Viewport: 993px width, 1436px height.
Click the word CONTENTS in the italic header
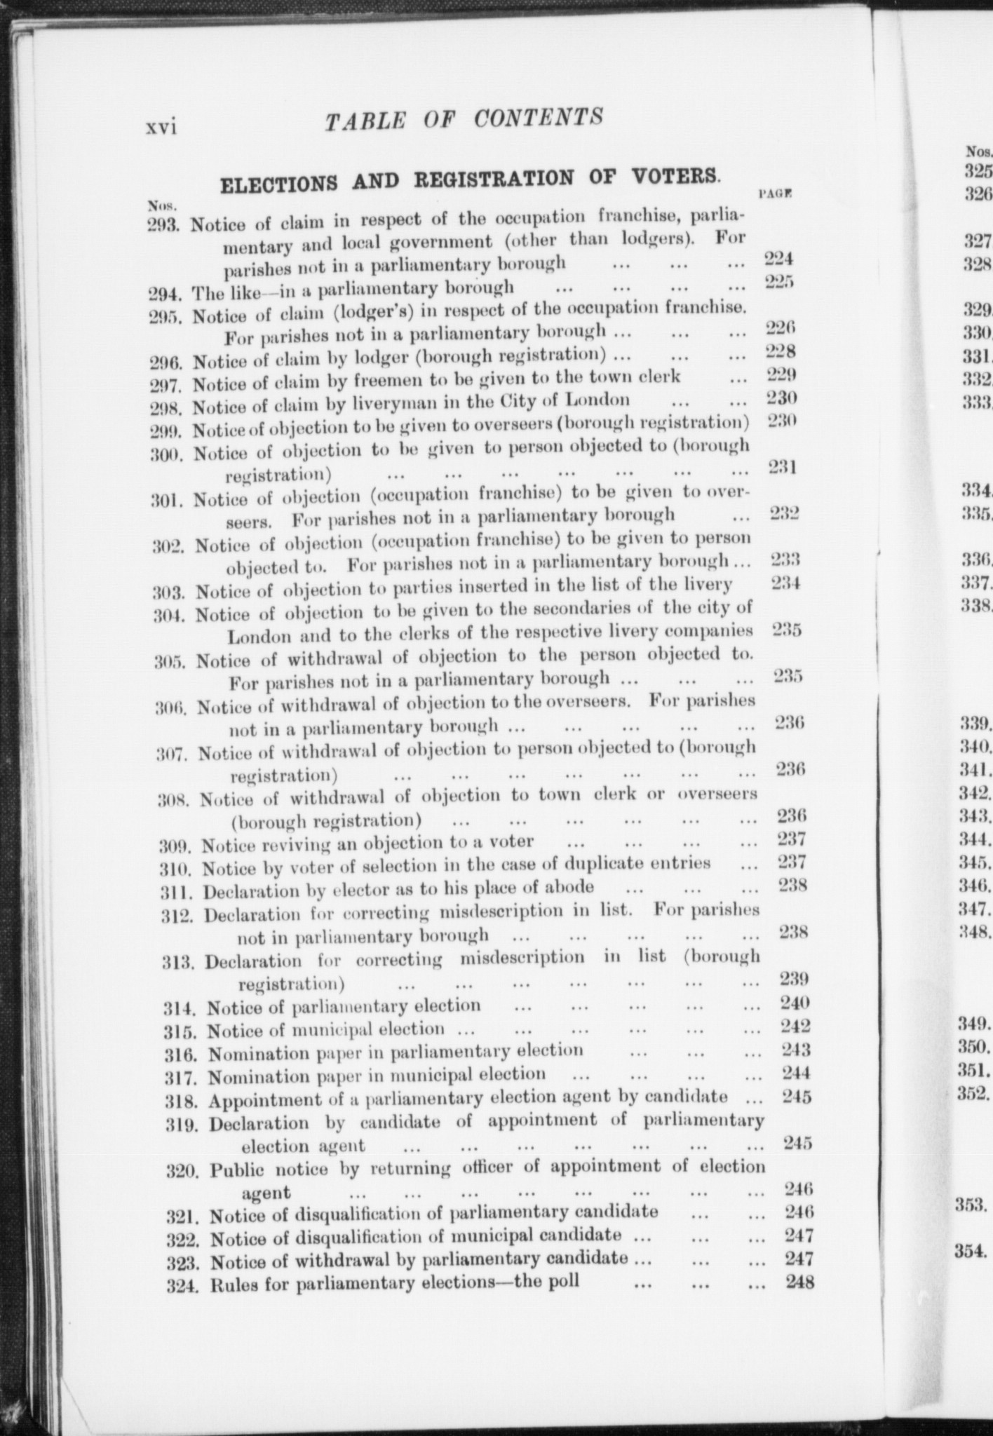coord(538,117)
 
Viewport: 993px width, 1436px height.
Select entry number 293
coord(164,225)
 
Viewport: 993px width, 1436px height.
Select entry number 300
coord(168,454)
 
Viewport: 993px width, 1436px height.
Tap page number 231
coord(782,467)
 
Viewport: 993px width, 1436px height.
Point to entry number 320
coord(185,1170)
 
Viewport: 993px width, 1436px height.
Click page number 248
coord(800,1282)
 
